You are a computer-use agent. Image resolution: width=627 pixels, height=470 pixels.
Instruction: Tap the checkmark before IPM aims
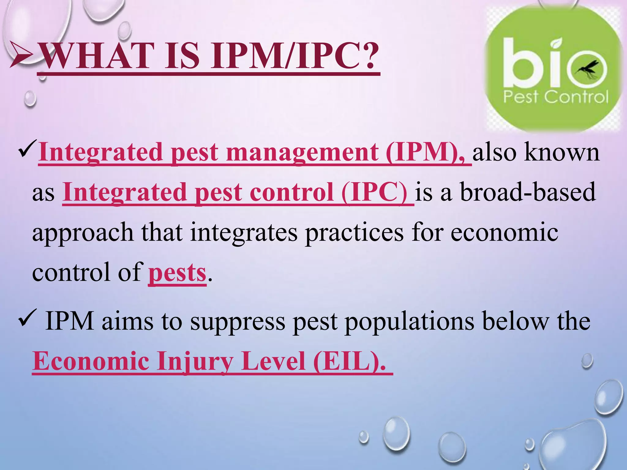pos(28,320)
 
